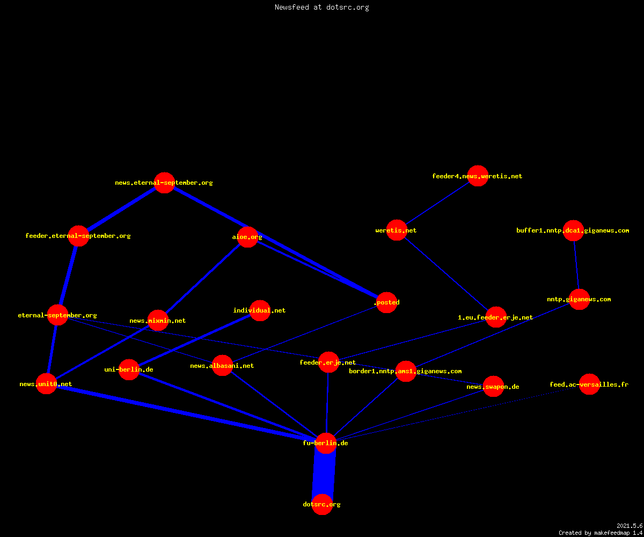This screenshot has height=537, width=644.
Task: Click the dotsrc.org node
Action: [322, 504]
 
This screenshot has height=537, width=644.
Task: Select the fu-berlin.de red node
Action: [326, 443]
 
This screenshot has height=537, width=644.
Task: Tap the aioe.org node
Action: [247, 237]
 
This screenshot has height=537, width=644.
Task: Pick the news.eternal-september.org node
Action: [164, 183]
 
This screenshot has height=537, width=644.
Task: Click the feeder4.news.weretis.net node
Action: [478, 176]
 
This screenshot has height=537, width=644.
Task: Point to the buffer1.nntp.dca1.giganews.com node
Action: [573, 230]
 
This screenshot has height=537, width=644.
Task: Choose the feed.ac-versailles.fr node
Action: [589, 384]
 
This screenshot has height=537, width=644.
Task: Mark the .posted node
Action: [386, 302]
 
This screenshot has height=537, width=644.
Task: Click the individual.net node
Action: [260, 310]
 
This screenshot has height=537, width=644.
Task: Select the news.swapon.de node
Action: [493, 387]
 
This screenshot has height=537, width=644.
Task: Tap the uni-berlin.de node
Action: [129, 369]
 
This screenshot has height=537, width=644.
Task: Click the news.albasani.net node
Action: [222, 365]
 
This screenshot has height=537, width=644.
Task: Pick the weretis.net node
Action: [397, 230]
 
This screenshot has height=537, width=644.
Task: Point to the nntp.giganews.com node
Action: [579, 299]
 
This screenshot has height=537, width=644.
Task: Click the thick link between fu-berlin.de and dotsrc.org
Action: [324, 474]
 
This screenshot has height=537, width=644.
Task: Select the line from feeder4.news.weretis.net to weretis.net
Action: [437, 203]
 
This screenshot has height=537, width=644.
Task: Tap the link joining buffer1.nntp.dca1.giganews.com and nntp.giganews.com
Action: [576, 265]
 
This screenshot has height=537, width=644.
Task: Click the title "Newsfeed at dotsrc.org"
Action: [321, 7]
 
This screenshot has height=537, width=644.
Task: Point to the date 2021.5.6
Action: [630, 526]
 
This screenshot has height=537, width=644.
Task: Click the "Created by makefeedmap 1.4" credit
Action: [601, 533]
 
